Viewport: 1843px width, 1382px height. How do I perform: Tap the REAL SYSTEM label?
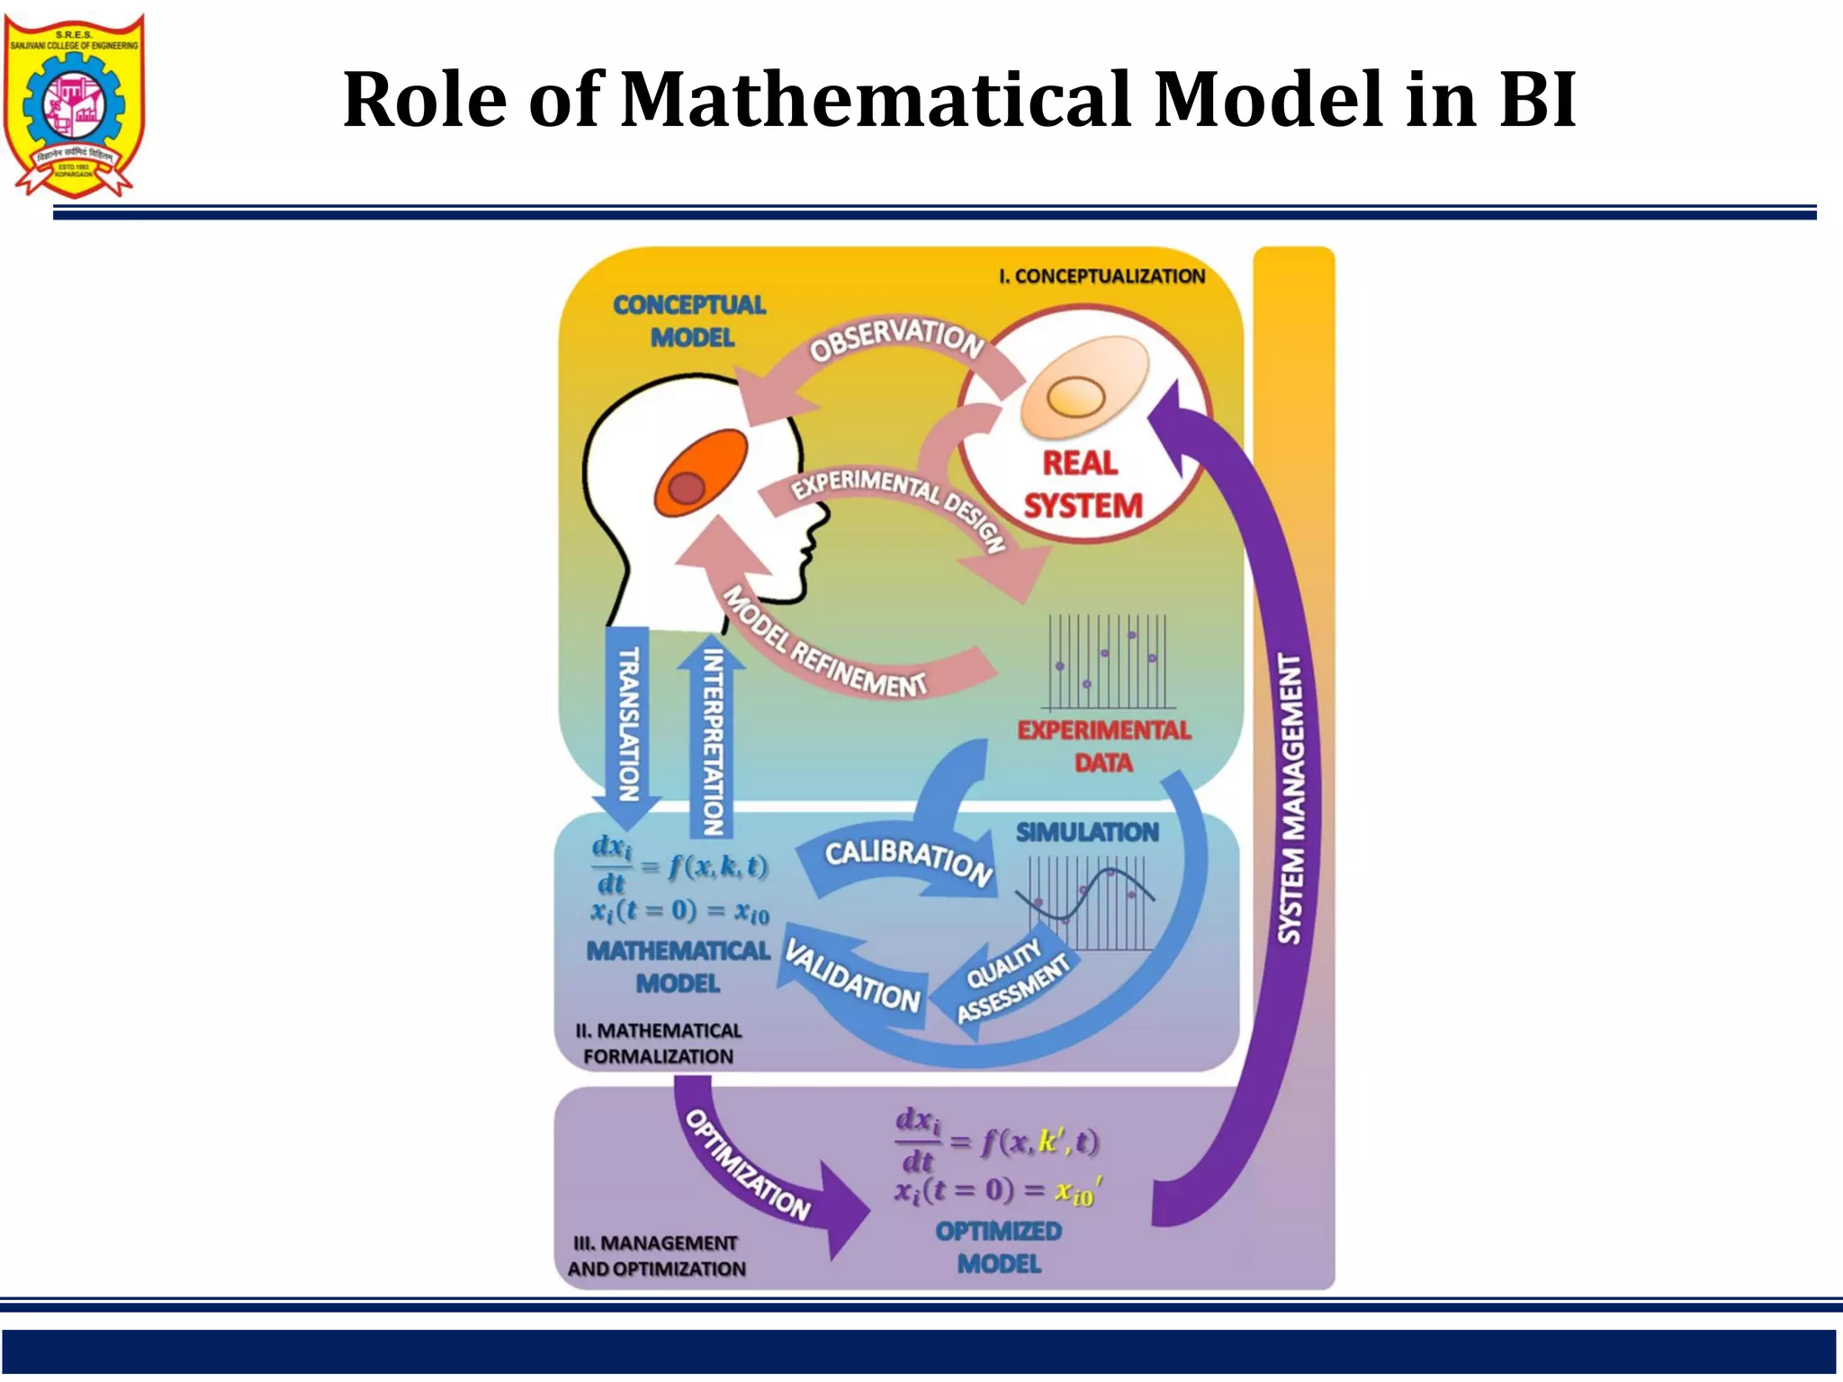coord(1082,485)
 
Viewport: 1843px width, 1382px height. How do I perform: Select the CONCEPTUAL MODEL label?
coord(690,321)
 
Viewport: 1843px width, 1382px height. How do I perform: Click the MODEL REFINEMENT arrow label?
coord(824,644)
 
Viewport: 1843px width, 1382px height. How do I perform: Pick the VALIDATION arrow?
coord(852,976)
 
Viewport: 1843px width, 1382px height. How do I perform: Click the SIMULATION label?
coord(1087,832)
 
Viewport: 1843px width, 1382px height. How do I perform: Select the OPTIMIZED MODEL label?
coord(999,1247)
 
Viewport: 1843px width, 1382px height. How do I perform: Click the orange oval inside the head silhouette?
coord(701,471)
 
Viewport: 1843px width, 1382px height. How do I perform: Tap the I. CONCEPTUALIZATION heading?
coord(1101,276)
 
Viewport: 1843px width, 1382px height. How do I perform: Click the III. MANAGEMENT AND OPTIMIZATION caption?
coord(657,1256)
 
